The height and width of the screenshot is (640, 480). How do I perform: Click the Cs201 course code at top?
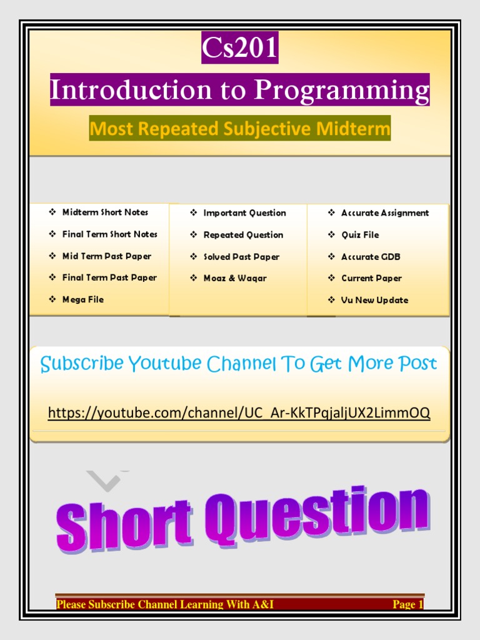(x=240, y=49)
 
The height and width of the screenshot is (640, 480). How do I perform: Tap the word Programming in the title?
(x=342, y=91)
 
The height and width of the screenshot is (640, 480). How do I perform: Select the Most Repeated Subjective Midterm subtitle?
(x=240, y=128)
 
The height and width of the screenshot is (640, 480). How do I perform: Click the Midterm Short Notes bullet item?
(x=105, y=212)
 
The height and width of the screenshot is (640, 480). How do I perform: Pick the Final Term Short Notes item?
(x=109, y=234)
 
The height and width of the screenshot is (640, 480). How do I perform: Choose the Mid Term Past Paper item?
(x=106, y=256)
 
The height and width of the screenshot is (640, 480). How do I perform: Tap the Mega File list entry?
(x=82, y=299)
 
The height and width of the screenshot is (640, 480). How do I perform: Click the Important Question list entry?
(x=244, y=213)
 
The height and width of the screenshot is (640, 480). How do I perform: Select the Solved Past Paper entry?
(x=241, y=257)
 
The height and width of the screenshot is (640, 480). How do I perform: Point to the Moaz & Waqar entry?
(x=235, y=278)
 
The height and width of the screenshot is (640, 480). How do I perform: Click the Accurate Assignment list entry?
(x=385, y=213)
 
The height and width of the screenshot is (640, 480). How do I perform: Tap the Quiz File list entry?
(x=360, y=235)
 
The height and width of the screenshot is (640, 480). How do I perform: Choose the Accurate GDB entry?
(x=371, y=257)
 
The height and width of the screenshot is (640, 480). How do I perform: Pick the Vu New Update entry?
(x=374, y=300)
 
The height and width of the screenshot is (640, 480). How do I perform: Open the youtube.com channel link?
(x=239, y=412)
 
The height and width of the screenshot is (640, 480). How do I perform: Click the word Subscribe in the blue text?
(x=82, y=364)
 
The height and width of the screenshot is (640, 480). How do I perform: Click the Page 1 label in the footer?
(x=407, y=604)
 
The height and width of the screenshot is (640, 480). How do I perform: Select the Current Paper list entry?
(x=371, y=278)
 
